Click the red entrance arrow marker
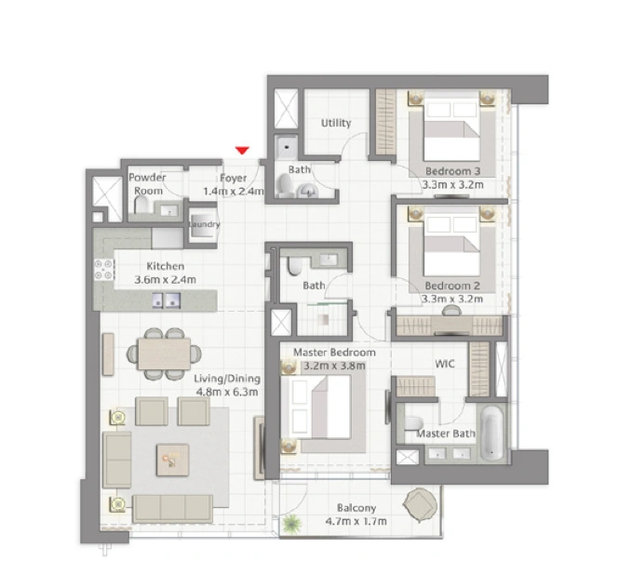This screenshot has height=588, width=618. coord(242,150)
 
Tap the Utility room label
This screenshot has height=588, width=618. coord(336,123)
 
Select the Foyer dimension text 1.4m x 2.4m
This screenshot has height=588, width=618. coord(234,192)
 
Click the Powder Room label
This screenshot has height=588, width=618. coord(147,184)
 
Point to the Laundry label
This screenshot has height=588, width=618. coord(204,224)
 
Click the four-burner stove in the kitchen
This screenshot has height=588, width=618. coord(103,270)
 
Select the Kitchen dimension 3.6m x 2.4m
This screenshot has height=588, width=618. coord(165,280)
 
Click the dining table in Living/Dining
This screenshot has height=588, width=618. coord(164,354)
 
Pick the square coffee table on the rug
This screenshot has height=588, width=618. coord(172,460)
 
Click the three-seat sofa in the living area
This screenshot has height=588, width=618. coord(172,508)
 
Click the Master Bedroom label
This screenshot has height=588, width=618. coord(334,353)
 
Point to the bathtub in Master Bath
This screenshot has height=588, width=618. coord(491,434)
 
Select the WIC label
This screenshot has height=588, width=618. coord(445,364)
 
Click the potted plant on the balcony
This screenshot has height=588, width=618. coord(291,524)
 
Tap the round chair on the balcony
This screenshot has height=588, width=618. coord(420,505)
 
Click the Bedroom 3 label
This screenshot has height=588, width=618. coord(453,171)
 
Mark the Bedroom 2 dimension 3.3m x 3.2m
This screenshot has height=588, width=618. coord(452,299)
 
